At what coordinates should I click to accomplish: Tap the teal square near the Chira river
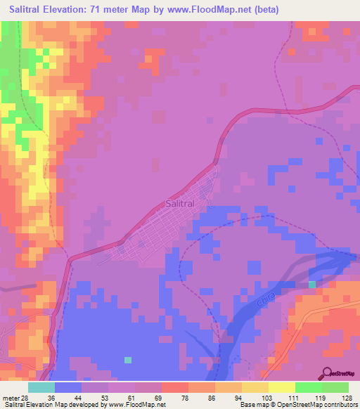tap(311, 284)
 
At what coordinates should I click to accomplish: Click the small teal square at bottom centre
tap(127, 360)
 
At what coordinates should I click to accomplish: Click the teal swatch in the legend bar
tap(41, 387)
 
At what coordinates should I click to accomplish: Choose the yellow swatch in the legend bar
tap(281, 387)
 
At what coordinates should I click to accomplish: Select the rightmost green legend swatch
tap(335, 387)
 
